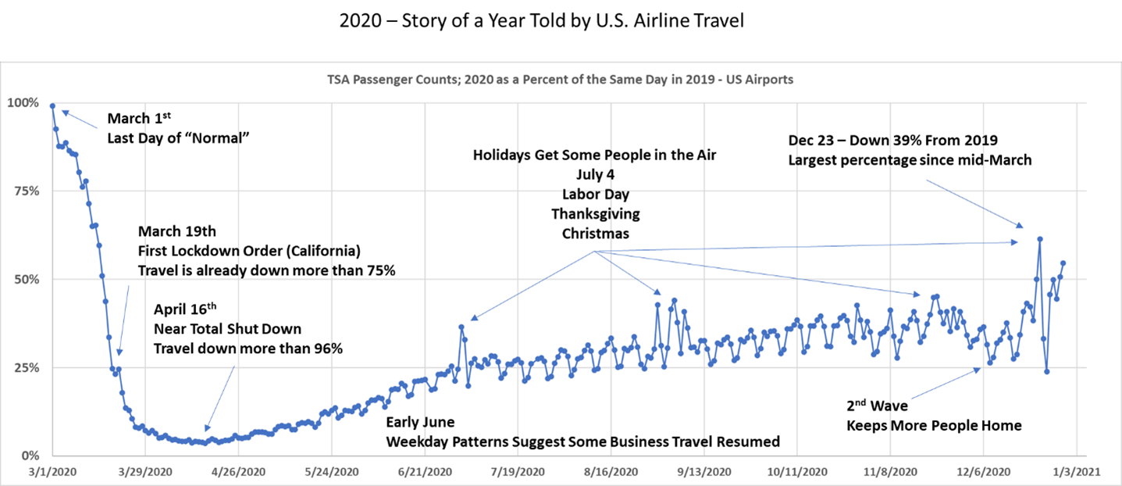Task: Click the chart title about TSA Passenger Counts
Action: click(x=561, y=80)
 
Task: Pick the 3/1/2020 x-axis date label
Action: click(x=52, y=472)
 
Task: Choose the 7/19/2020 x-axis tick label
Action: click(x=518, y=472)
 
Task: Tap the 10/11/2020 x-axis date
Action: click(x=797, y=472)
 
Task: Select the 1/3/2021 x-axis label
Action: click(x=1077, y=472)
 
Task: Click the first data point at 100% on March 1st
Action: click(x=52, y=106)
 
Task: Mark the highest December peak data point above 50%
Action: click(x=1040, y=239)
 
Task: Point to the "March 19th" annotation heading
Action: click(x=177, y=231)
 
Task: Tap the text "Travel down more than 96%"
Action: click(x=248, y=348)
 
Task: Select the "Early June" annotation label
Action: click(x=420, y=423)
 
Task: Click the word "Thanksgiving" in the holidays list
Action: click(x=595, y=214)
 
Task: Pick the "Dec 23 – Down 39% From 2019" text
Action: click(x=892, y=141)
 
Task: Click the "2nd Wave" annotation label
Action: click(x=877, y=406)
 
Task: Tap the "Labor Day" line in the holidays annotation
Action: click(x=595, y=195)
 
